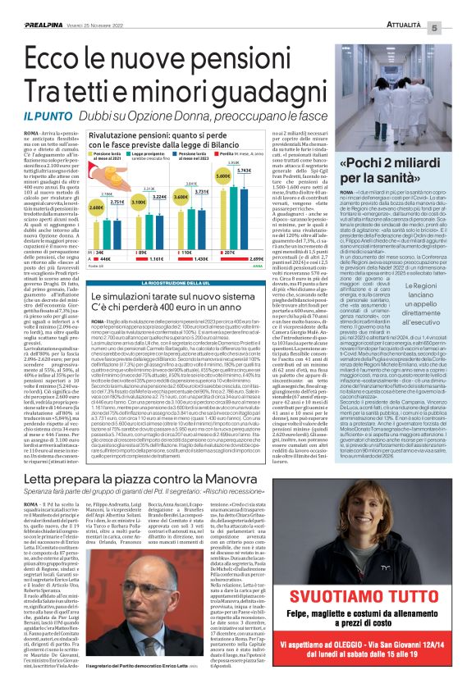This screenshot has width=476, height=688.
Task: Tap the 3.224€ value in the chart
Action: point(158,197)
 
